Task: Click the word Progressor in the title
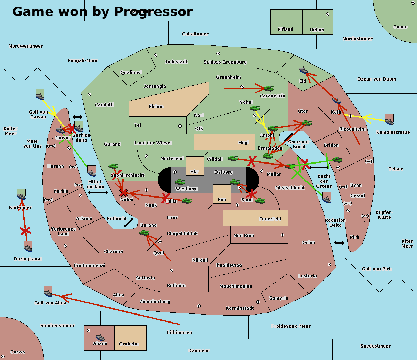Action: [x=153, y=12]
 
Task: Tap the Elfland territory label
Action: [x=285, y=30]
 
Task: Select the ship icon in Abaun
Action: [x=100, y=337]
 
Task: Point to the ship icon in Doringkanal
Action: [x=28, y=246]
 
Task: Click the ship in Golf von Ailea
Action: [x=48, y=292]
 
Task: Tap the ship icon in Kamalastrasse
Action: [x=390, y=119]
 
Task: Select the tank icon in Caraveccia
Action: [x=269, y=89]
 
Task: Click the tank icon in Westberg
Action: [x=180, y=182]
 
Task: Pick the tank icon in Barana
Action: [x=144, y=233]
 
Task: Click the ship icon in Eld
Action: [x=303, y=70]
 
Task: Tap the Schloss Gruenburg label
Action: [x=225, y=62]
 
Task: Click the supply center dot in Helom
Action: [x=327, y=14]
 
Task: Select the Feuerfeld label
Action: [x=270, y=219]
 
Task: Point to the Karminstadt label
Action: [x=240, y=308]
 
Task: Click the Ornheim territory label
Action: [x=129, y=344]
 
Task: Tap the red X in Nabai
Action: [x=123, y=192]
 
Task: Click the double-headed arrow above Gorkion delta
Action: [x=77, y=117]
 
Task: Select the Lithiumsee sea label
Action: [x=179, y=333]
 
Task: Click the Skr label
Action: [x=195, y=172]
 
